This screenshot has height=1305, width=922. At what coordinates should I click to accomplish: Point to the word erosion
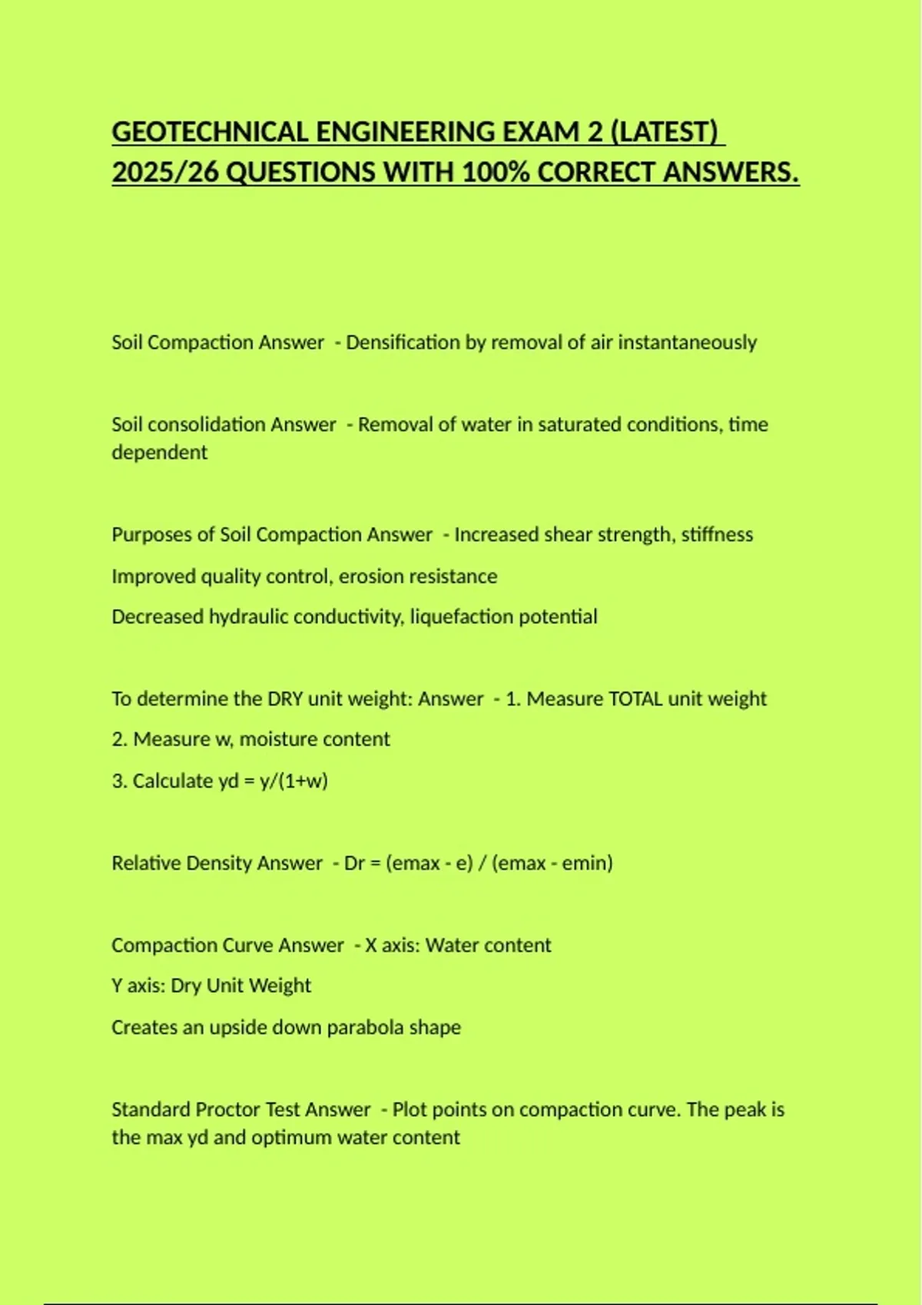click(370, 577)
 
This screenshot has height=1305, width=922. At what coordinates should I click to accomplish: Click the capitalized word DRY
click(284, 699)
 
